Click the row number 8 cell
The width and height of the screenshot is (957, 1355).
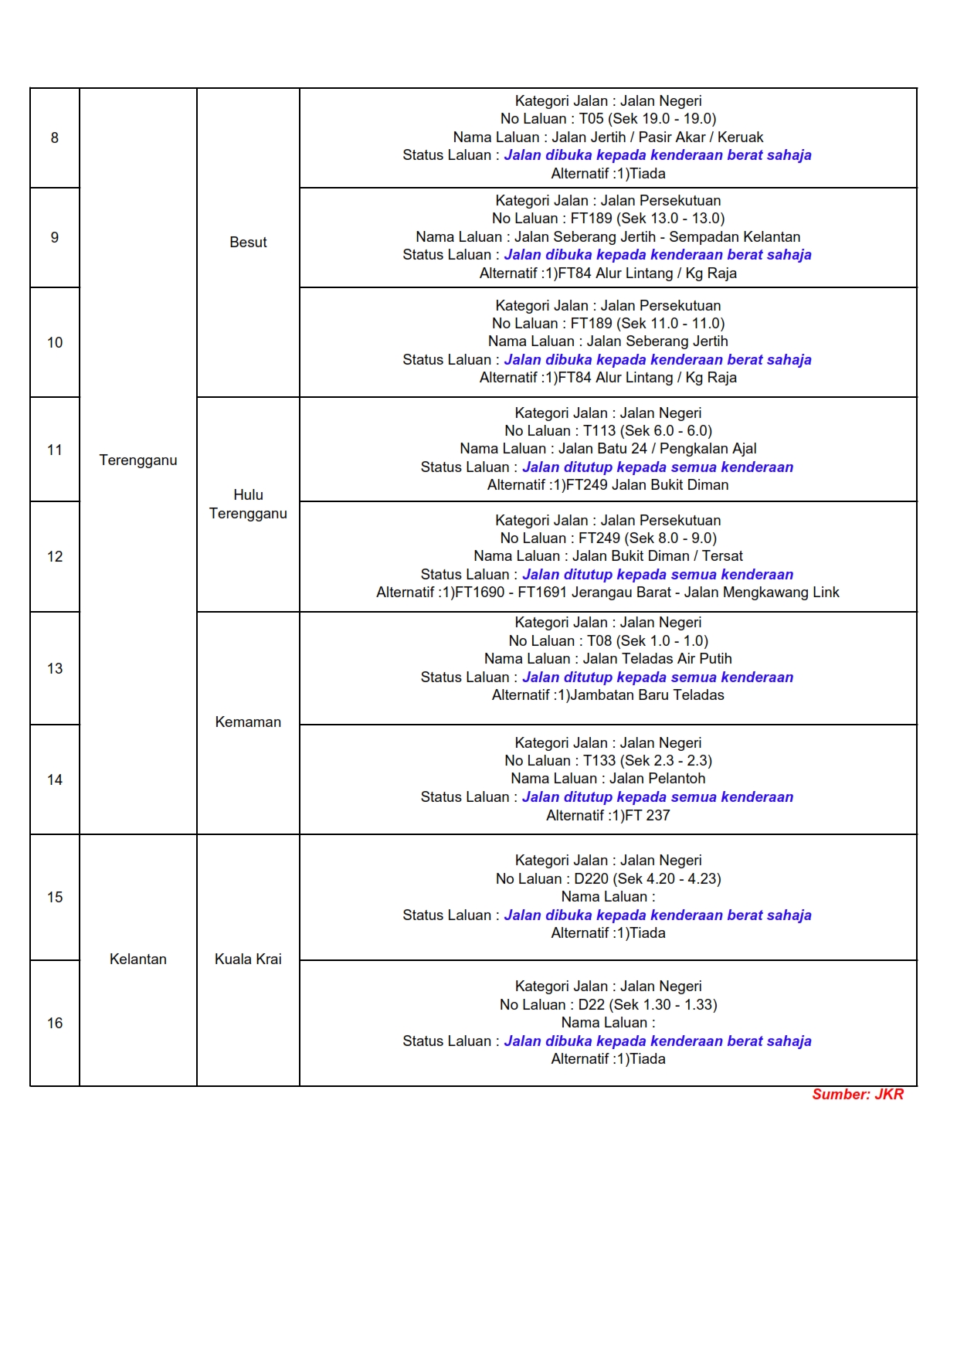point(55,138)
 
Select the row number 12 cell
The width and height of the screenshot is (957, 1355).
point(55,556)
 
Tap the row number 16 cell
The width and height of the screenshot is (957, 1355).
point(55,1023)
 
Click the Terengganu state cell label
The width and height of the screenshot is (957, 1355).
point(138,460)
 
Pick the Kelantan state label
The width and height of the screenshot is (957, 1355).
point(138,959)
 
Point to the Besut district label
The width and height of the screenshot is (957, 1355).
point(248,242)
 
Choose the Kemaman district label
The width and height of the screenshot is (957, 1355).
point(248,722)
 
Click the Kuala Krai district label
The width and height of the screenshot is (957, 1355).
point(248,959)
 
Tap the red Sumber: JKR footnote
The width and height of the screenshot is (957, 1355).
point(857,1094)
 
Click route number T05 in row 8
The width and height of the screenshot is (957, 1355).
point(592,119)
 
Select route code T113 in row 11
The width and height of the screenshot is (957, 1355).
point(599,431)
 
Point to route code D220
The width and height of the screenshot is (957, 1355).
point(592,878)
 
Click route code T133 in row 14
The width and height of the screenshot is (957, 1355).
point(599,761)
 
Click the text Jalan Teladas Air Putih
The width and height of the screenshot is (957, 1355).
point(657,659)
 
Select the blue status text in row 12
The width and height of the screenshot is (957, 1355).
point(657,575)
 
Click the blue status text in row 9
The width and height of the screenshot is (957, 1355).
point(657,255)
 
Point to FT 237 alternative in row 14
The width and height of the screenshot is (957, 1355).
point(647,815)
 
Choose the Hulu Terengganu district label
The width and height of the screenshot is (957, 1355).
point(248,504)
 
